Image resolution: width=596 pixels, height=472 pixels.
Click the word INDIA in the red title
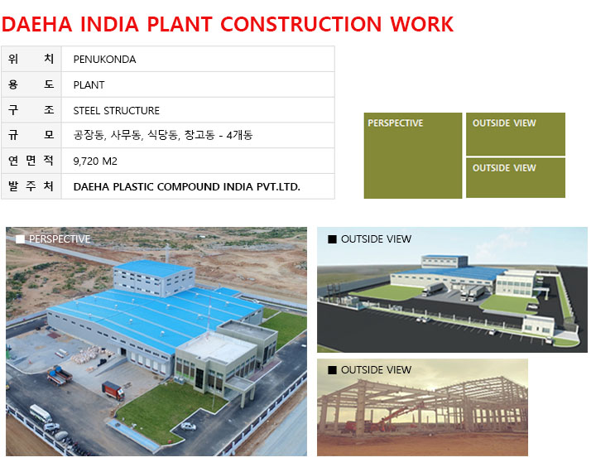pyautogui.click(x=109, y=24)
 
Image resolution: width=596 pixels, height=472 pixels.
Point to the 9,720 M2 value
pyautogui.click(x=95, y=161)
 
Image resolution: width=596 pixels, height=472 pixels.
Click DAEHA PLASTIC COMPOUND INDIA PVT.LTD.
pyautogui.click(x=186, y=187)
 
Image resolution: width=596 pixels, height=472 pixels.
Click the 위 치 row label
pyautogui.click(x=31, y=59)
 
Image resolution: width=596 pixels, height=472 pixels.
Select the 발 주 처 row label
pyautogui.click(x=31, y=186)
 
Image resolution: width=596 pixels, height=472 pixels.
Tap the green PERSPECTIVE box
pyautogui.click(x=413, y=156)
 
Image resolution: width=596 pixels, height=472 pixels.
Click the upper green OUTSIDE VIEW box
pyautogui.click(x=516, y=134)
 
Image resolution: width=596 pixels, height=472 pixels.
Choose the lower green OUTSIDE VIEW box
pyautogui.click(x=516, y=178)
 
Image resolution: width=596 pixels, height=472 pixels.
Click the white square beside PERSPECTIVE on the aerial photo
pyautogui.click(x=20, y=238)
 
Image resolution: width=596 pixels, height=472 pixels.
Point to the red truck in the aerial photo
pyautogui.click(x=113, y=391)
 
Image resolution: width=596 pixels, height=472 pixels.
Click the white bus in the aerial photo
pyautogui.click(x=41, y=413)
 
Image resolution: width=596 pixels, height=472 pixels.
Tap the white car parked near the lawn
pyautogui.click(x=188, y=426)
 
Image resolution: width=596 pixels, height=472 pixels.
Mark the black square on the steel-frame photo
pyautogui.click(x=332, y=370)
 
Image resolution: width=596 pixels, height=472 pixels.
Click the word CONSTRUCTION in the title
pyautogui.click(x=300, y=24)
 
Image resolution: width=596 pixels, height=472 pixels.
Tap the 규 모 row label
pyautogui.click(x=31, y=135)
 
